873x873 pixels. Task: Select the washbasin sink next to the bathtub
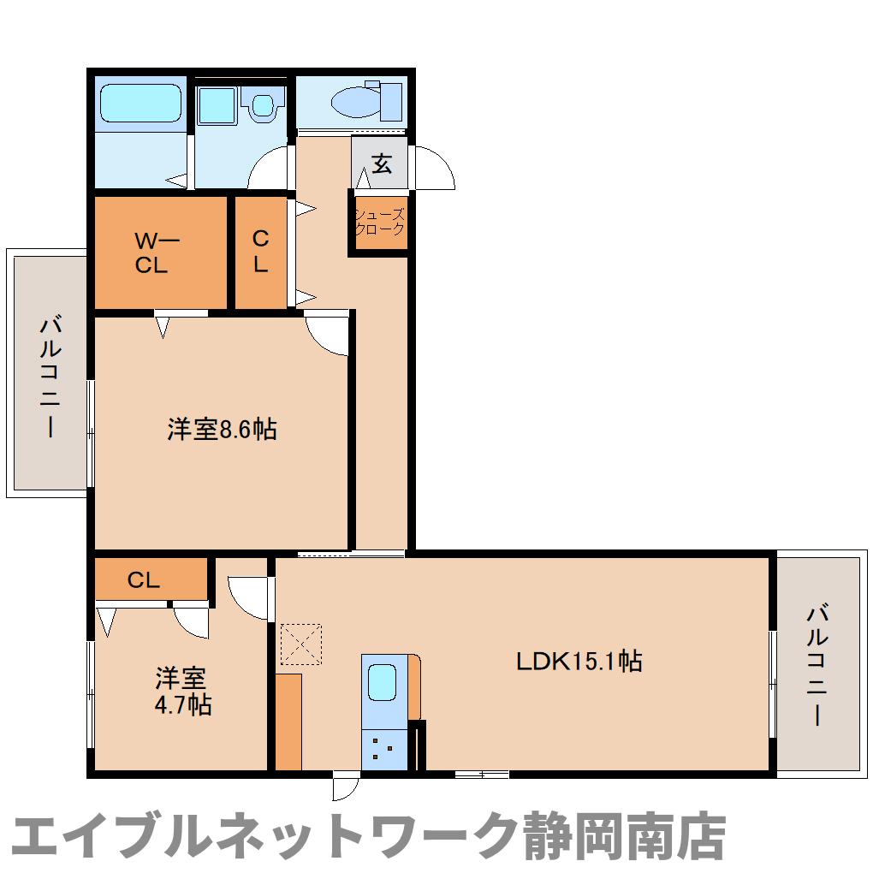point(262,105)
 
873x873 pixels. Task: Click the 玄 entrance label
point(381,163)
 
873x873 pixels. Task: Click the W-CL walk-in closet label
point(154,254)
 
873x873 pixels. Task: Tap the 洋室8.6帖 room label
point(221,429)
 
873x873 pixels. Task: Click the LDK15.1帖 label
point(579,660)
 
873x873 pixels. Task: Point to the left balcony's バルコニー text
point(50,377)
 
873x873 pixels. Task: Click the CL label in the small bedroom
point(144,580)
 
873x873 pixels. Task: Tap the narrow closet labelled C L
point(260,252)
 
